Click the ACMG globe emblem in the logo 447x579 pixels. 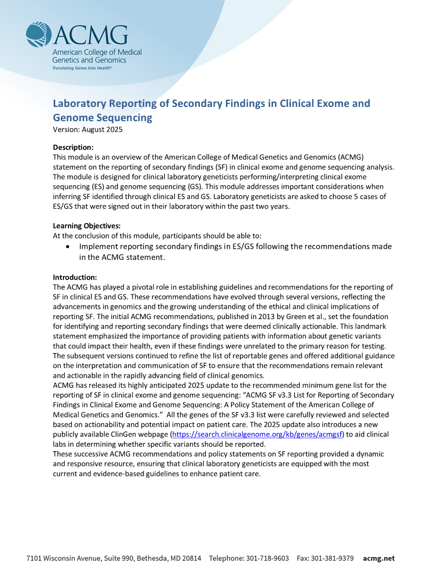pos(38,35)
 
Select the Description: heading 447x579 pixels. pos(73,147)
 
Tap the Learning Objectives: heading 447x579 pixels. pos(87,226)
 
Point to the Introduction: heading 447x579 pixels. pos(74,277)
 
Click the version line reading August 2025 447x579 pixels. pos(88,130)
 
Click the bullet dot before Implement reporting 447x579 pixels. pos(67,247)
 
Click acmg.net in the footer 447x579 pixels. pos(379,559)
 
